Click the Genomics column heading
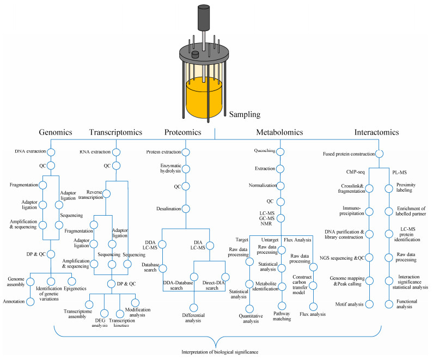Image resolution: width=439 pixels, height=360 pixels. (56, 132)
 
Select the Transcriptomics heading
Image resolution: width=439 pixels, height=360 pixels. (115, 132)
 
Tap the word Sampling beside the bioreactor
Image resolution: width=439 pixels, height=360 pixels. (245, 114)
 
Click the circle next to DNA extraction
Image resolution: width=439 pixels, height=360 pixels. (51, 152)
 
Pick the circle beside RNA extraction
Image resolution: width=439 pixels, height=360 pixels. (116, 152)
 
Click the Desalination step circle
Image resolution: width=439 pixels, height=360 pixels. (186, 209)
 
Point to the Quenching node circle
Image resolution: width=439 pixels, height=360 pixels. (281, 151)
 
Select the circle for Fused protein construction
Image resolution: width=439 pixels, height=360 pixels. (379, 154)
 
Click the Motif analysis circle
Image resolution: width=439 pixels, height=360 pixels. (370, 304)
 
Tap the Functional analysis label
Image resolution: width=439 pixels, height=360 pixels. (406, 304)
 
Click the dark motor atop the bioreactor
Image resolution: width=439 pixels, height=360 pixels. (204, 17)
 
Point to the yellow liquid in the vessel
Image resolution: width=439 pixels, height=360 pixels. (204, 98)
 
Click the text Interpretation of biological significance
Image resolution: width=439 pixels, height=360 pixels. (220, 352)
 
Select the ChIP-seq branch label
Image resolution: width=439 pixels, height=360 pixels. (355, 172)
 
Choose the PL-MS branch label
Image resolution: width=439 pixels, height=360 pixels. (399, 173)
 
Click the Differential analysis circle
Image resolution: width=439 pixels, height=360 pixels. (193, 308)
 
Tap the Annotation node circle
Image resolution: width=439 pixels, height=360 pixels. (31, 302)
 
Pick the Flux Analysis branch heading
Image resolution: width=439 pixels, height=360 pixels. (297, 240)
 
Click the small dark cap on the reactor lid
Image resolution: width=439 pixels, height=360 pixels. (195, 54)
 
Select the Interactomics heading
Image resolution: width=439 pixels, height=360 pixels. (376, 132)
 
